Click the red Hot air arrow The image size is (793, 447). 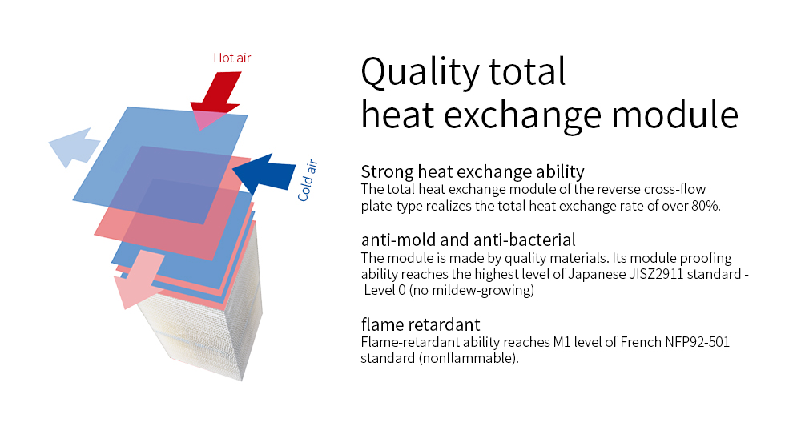pyautogui.click(x=216, y=99)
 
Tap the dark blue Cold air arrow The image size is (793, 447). pyautogui.click(x=264, y=174)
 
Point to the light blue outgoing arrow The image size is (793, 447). pyautogui.click(x=74, y=147)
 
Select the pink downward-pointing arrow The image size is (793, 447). pyautogui.click(x=138, y=279)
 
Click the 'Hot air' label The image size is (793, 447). pyautogui.click(x=232, y=58)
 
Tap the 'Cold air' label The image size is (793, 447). pyautogui.click(x=307, y=180)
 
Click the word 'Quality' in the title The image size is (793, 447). pyautogui.click(x=420, y=73)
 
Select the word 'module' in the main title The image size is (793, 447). pyautogui.click(x=675, y=115)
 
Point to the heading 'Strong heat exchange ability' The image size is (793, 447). pyautogui.click(x=473, y=171)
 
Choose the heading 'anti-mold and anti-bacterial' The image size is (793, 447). pyautogui.click(x=469, y=240)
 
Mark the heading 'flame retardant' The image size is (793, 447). pyautogui.click(x=421, y=324)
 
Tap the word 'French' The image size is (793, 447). pyautogui.click(x=641, y=342)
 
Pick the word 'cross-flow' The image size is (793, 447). pyautogui.click(x=674, y=189)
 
